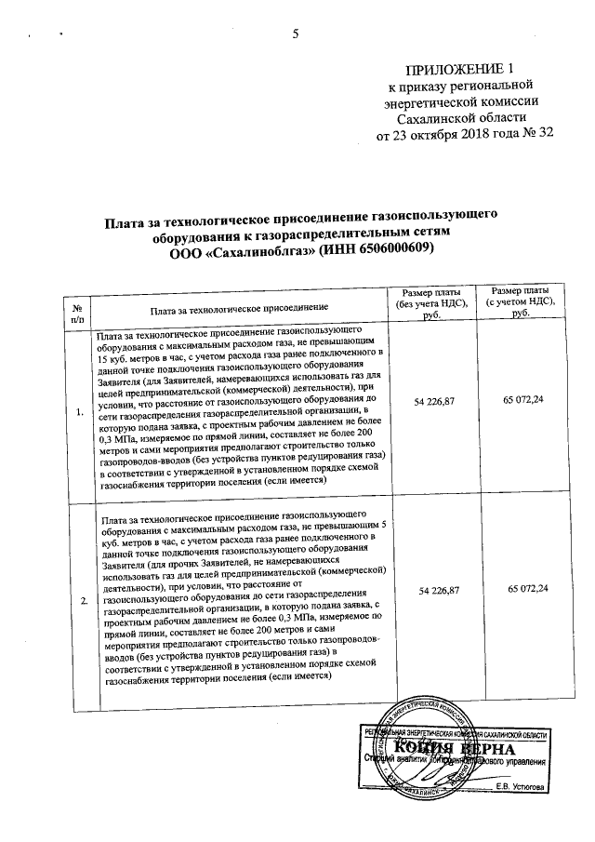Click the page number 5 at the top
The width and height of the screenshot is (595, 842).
click(x=296, y=35)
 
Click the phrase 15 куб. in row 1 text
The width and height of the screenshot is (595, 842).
click(x=116, y=357)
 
